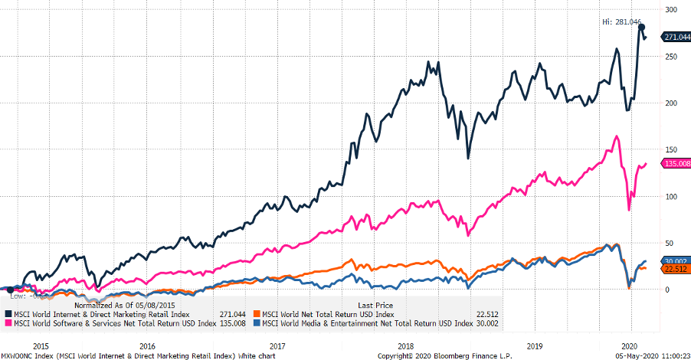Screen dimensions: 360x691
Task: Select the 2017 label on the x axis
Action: [277, 345]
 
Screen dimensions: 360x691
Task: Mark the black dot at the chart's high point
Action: [642, 27]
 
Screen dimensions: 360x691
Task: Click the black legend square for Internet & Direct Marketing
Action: [8, 314]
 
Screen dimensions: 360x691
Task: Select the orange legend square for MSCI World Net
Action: [257, 314]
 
